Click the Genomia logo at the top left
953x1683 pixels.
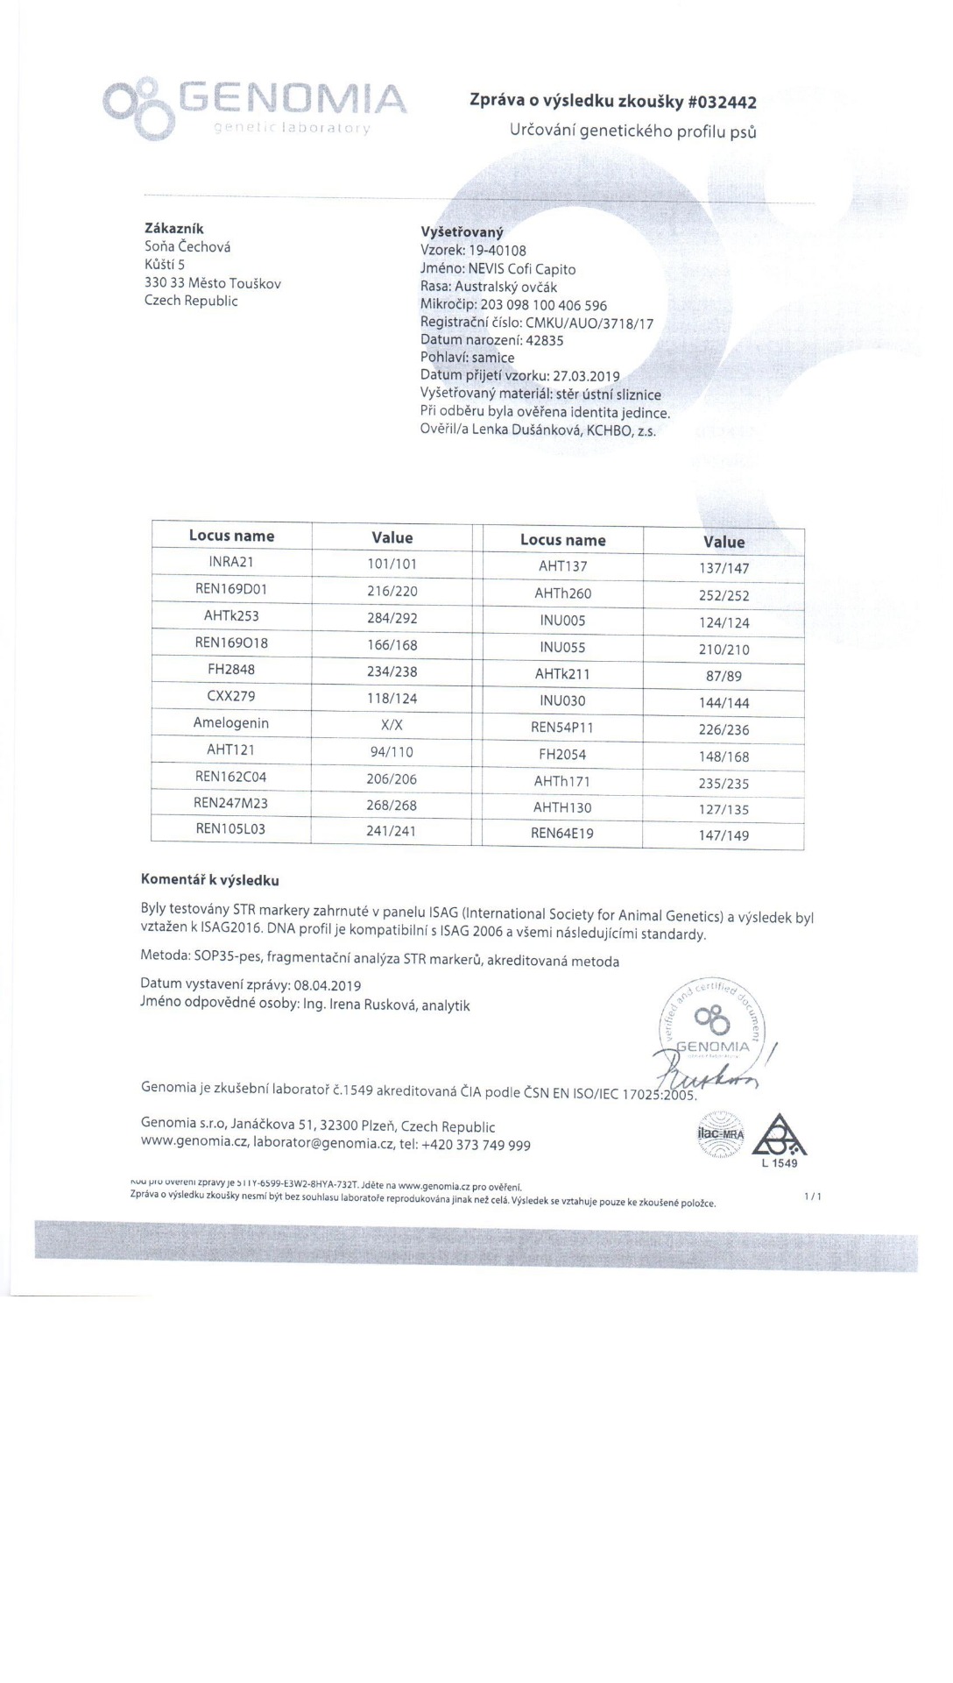[254, 109]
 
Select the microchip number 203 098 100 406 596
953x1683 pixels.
[544, 305]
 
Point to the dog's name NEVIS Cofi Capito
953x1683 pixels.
[522, 269]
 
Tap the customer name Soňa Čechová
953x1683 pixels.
[187, 247]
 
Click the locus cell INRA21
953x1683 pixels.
[231, 562]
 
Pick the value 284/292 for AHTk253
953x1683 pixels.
[392, 618]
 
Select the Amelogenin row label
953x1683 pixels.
[231, 723]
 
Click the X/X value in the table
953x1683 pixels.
[392, 725]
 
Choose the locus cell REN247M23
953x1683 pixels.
[231, 803]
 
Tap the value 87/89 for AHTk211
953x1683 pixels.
[724, 676]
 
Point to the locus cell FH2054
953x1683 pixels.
[562, 755]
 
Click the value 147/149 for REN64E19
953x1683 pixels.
[724, 835]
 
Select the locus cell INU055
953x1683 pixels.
[562, 648]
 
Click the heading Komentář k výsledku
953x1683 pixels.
[210, 880]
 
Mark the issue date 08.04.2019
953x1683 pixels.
[328, 985]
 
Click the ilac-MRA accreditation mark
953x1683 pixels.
[720, 1133]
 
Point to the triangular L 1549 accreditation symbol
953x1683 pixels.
[780, 1137]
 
